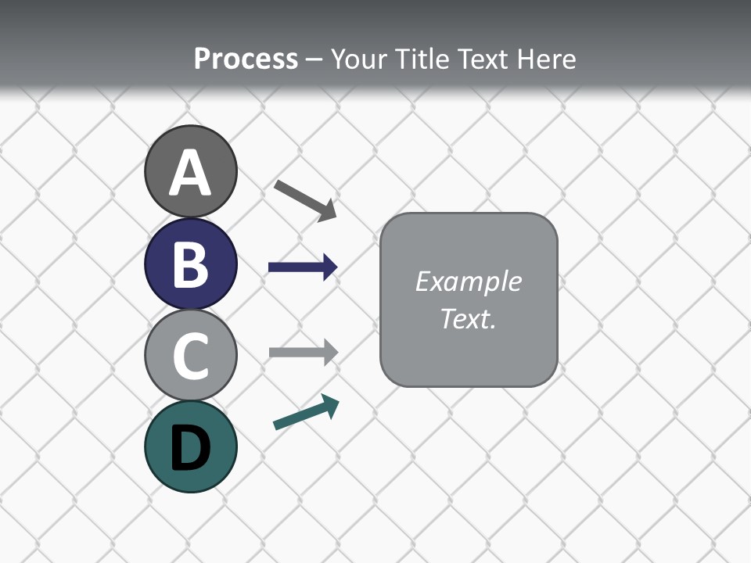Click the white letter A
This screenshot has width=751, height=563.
click(190, 174)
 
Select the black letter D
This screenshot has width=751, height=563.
click(190, 449)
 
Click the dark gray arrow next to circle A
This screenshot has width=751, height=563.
click(304, 199)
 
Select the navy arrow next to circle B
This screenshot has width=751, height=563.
click(302, 267)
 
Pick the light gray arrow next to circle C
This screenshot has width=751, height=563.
click(302, 352)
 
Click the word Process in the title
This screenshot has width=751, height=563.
click(246, 59)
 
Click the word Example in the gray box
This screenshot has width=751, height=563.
click(468, 281)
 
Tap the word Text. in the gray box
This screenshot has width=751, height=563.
click(468, 318)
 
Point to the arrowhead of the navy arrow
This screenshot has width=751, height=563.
click(329, 267)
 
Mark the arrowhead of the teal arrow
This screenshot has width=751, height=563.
click(330, 405)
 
